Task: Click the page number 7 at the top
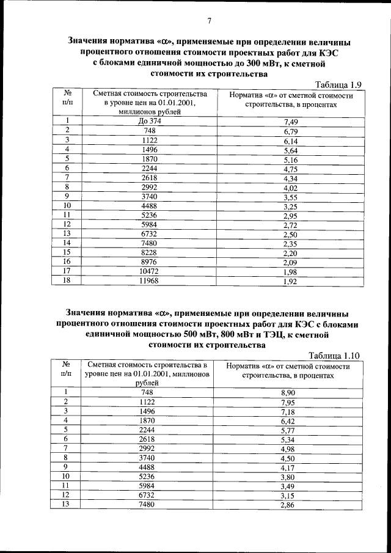click(209, 21)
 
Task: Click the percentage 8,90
click(288, 392)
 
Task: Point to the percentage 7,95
click(288, 402)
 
